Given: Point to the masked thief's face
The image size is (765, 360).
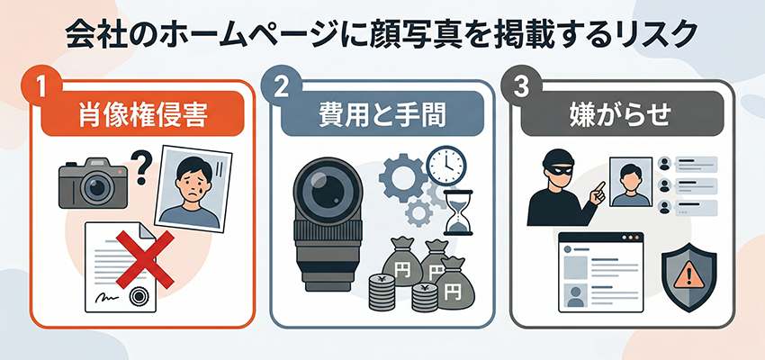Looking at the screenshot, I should [553, 169].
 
